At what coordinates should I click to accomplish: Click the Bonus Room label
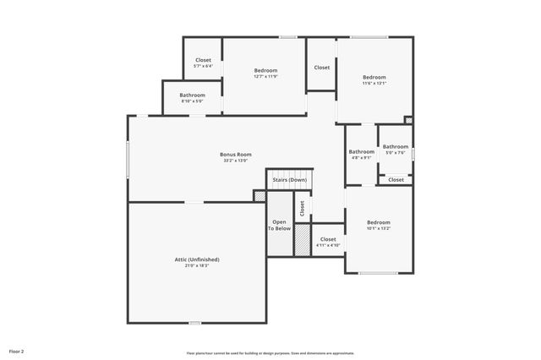pos(236,155)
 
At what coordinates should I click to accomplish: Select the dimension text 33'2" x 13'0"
pos(236,161)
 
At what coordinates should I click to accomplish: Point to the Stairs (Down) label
pos(290,180)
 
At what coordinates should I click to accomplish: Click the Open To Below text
pos(280,225)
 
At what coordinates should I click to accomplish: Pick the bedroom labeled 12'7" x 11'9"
pos(265,73)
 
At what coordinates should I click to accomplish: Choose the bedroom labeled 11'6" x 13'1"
pos(374,79)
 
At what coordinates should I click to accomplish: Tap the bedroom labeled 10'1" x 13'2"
pos(378,225)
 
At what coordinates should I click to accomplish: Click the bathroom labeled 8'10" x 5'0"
pos(192,98)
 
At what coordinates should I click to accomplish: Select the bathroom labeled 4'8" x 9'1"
pos(361,154)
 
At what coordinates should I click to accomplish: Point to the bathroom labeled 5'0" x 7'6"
pos(395,150)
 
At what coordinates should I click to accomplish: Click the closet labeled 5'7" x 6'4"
pos(203,63)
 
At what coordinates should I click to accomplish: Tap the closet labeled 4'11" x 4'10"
pos(328,242)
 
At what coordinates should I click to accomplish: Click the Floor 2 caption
pos(17,351)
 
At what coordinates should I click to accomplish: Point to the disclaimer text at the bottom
pos(270,353)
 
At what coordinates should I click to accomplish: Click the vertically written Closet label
pos(302,207)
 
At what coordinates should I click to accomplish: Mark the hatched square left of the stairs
pos(260,196)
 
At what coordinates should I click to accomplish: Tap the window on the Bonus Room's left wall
pos(128,159)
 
